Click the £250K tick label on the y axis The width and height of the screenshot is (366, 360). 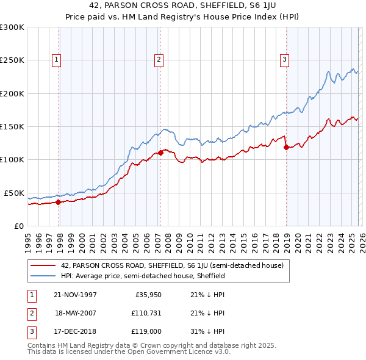(x=12, y=60)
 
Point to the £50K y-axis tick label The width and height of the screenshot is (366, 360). (x=14, y=193)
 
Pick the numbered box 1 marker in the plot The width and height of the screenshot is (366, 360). (x=56, y=59)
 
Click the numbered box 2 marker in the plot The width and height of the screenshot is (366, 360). (x=159, y=59)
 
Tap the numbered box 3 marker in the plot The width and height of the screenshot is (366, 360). (x=284, y=59)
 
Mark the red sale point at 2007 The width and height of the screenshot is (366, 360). (x=160, y=153)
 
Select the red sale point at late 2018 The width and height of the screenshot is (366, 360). (x=286, y=147)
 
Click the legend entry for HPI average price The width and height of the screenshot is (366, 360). (x=143, y=276)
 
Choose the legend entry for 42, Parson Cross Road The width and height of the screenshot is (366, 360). (x=172, y=265)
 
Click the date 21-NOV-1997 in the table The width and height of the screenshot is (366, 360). (x=76, y=295)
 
